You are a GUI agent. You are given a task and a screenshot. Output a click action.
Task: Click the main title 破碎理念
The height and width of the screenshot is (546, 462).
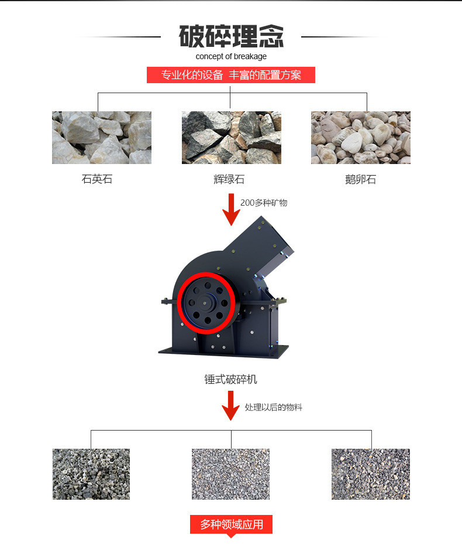click(x=231, y=36)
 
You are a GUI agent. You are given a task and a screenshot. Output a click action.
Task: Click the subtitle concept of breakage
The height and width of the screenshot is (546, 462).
click(x=231, y=56)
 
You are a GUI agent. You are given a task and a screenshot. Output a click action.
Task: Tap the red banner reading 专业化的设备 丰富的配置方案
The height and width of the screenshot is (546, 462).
click(x=231, y=75)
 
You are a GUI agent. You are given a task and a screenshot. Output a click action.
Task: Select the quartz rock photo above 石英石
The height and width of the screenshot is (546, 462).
click(x=102, y=138)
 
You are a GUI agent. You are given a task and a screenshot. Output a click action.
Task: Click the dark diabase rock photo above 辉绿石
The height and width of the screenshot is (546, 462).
click(x=232, y=138)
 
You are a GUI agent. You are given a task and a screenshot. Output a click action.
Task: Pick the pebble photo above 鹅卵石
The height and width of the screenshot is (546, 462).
click(x=361, y=138)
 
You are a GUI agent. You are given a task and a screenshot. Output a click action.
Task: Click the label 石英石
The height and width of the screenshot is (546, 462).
click(x=97, y=179)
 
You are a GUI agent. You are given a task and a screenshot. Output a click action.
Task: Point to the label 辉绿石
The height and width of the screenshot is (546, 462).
click(x=229, y=179)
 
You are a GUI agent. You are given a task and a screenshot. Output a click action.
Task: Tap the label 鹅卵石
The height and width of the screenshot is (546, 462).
click(x=360, y=179)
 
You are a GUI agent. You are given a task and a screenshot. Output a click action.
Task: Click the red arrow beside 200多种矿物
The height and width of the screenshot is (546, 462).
click(x=231, y=210)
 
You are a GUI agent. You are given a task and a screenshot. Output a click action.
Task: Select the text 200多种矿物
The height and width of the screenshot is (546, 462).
click(x=264, y=203)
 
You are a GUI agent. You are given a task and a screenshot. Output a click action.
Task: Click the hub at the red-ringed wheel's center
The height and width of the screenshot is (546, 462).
click(x=205, y=303)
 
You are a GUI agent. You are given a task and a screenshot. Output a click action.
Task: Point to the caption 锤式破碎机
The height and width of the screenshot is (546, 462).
click(x=231, y=379)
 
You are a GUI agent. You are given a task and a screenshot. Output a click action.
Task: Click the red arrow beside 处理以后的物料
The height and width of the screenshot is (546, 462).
click(x=230, y=405)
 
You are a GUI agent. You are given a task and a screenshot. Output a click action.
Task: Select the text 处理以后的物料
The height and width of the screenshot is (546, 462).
click(x=274, y=407)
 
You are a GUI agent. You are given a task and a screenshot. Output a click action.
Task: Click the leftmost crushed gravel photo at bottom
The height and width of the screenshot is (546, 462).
click(x=91, y=475)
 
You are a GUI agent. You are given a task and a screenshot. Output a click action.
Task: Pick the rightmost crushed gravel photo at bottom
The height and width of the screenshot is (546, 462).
click(x=371, y=475)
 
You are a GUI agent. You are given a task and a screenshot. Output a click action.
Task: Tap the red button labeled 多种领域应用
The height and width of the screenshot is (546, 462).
click(x=231, y=524)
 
